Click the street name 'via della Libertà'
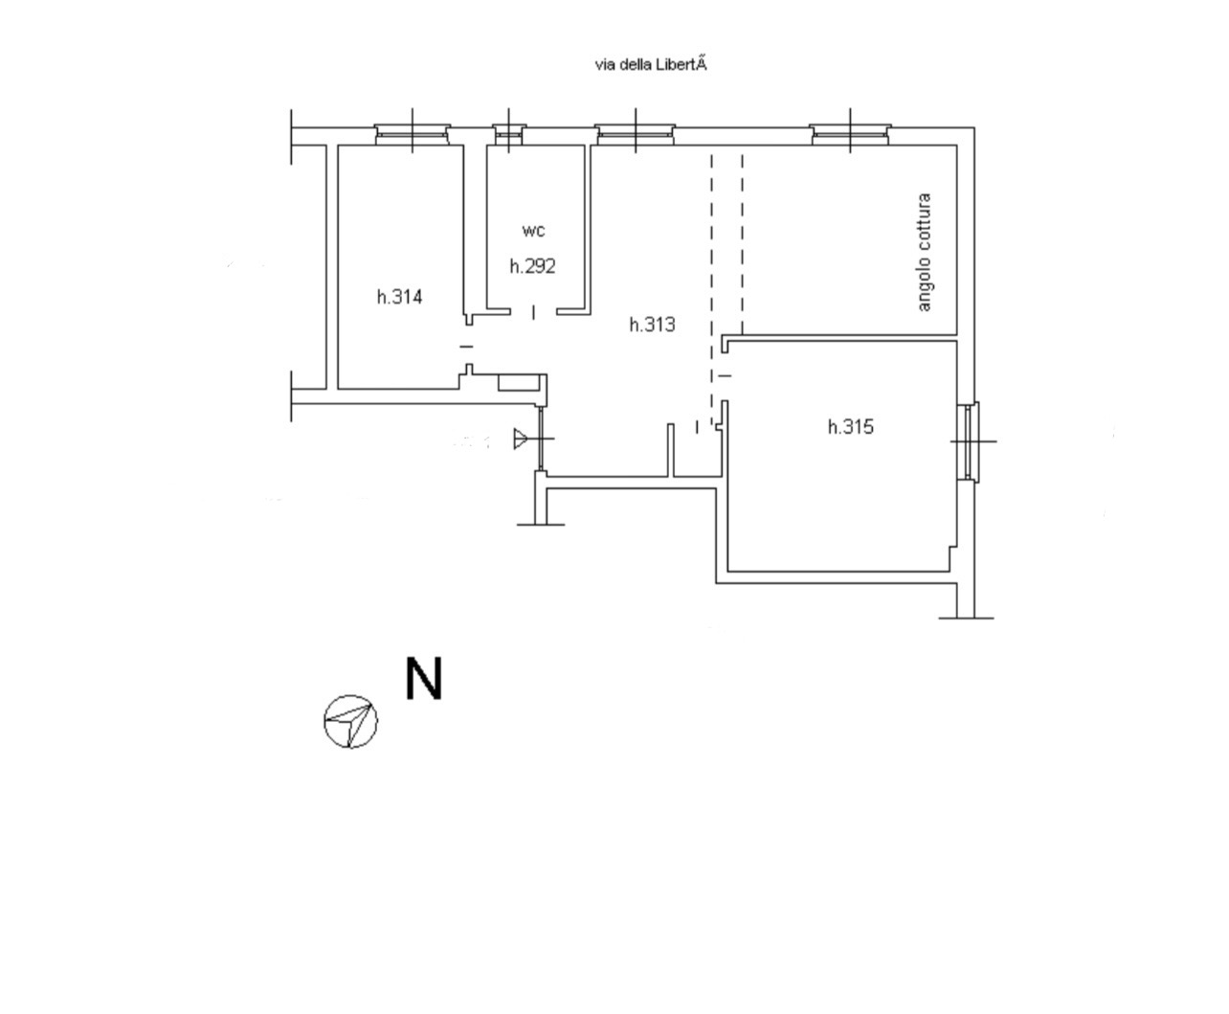pyautogui.click(x=651, y=65)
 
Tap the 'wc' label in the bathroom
pyautogui.click(x=533, y=230)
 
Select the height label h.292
pyautogui.click(x=532, y=266)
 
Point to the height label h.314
pyautogui.click(x=399, y=297)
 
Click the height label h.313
pyautogui.click(x=652, y=325)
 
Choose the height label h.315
pyautogui.click(x=851, y=426)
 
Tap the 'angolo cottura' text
pyautogui.click(x=924, y=252)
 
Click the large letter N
pyautogui.click(x=424, y=679)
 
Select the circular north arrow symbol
pyautogui.click(x=351, y=721)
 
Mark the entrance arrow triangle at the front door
pyautogui.click(x=521, y=439)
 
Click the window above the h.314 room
pyautogui.click(x=412, y=134)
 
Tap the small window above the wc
pyautogui.click(x=508, y=134)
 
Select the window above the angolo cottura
pyautogui.click(x=850, y=134)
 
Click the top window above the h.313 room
pyautogui.click(x=636, y=134)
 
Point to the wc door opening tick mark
pyautogui.click(x=533, y=312)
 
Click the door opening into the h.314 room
pyautogui.click(x=467, y=347)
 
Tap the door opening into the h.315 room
pyautogui.click(x=724, y=375)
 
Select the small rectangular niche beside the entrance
pyautogui.click(x=519, y=382)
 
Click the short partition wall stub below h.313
pyautogui.click(x=670, y=450)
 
